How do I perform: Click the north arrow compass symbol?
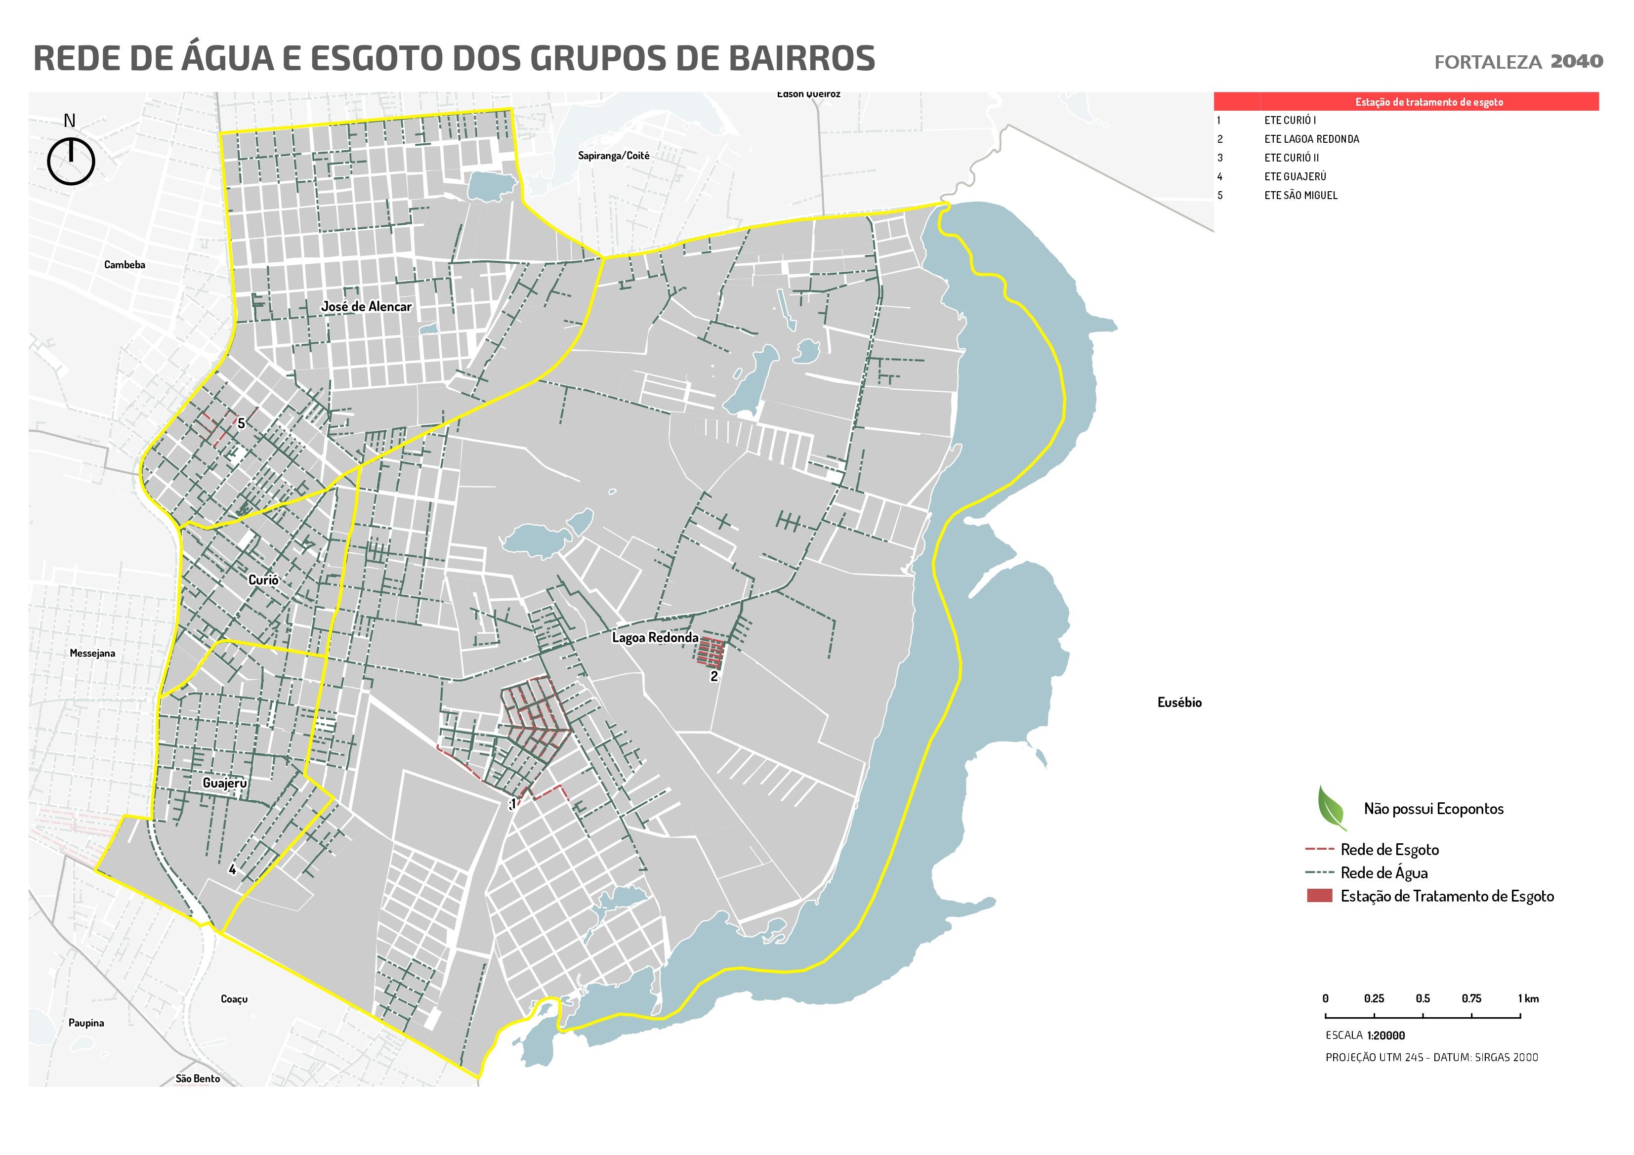pyautogui.click(x=71, y=161)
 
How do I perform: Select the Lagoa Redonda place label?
pyautogui.click(x=655, y=638)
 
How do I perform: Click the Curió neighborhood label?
pyautogui.click(x=263, y=580)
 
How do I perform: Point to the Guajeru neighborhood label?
pyautogui.click(x=225, y=783)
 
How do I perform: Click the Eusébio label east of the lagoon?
pyautogui.click(x=1179, y=702)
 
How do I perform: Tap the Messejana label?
pyautogui.click(x=92, y=653)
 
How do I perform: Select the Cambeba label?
pyautogui.click(x=125, y=265)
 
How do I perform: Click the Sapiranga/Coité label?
pyautogui.click(x=614, y=156)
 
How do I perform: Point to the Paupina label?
pyautogui.click(x=86, y=1023)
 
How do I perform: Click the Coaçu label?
pyautogui.click(x=234, y=999)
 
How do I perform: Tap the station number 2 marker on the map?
pyautogui.click(x=714, y=677)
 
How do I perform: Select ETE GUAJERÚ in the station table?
pyautogui.click(x=1295, y=176)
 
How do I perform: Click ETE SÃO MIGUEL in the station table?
pyautogui.click(x=1301, y=195)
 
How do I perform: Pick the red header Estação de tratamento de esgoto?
pyautogui.click(x=1428, y=102)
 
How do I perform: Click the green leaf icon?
pyautogui.click(x=1331, y=808)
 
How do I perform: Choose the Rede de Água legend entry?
pyautogui.click(x=1383, y=872)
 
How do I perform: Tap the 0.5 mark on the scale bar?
pyautogui.click(x=1423, y=998)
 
